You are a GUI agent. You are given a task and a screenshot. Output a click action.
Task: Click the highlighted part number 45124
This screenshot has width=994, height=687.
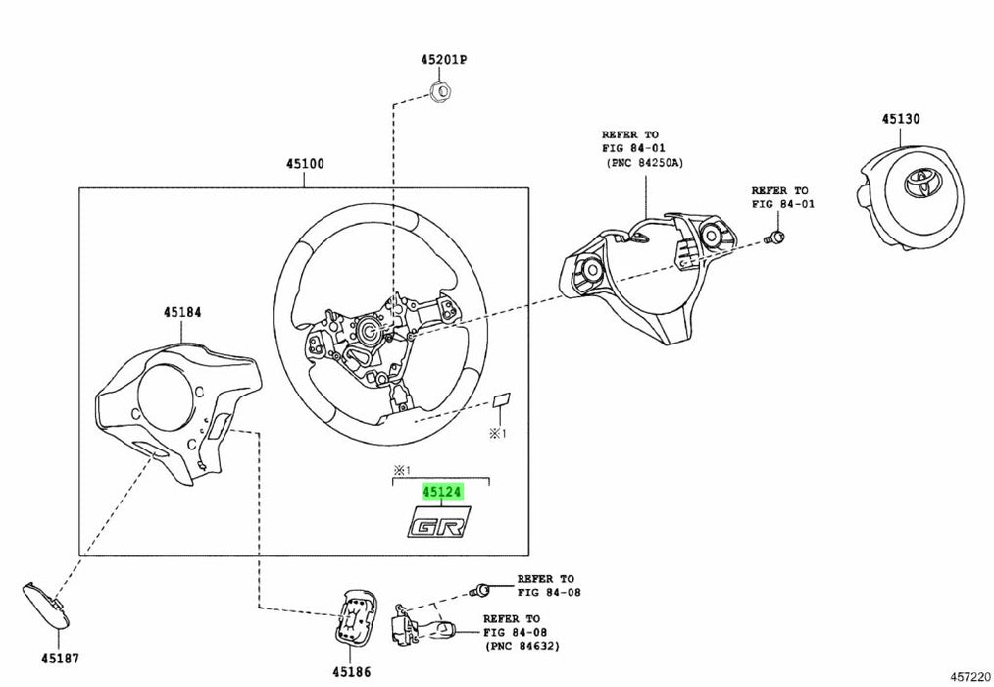pos(441,491)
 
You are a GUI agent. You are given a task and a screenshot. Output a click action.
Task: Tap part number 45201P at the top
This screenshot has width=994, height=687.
pos(444,60)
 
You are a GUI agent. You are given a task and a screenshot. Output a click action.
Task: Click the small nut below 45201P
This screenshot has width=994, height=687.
pos(440,93)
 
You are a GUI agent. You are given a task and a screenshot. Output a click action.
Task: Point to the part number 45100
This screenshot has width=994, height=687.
pos(305,164)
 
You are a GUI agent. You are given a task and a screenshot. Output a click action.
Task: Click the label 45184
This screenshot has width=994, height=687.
pos(182,312)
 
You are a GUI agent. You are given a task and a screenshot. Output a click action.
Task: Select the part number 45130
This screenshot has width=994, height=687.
pos(900,119)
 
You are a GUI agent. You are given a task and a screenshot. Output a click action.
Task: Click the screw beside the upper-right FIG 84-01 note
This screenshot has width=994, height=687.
pos(775,237)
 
